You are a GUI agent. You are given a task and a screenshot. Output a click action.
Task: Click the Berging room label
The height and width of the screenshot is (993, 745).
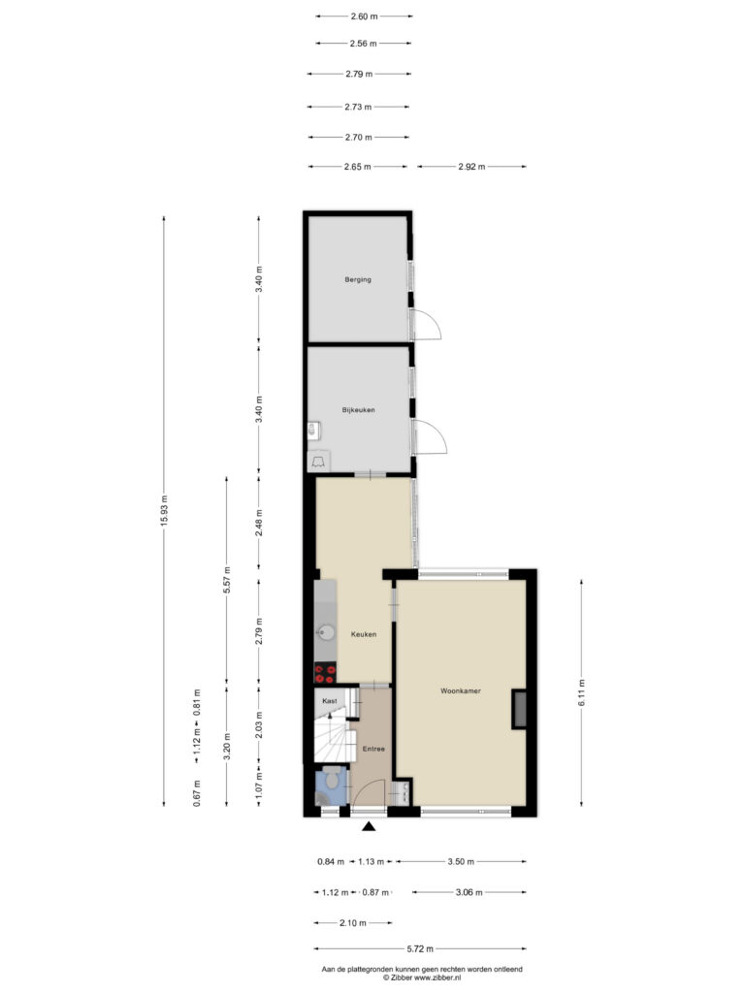pyautogui.click(x=358, y=279)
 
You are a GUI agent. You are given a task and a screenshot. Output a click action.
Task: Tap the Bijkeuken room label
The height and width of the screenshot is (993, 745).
pyautogui.click(x=359, y=410)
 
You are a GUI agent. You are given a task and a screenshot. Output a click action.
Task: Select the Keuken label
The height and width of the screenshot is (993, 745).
pyautogui.click(x=364, y=634)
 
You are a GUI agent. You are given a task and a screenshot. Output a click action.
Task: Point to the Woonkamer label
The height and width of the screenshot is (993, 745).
pyautogui.click(x=461, y=690)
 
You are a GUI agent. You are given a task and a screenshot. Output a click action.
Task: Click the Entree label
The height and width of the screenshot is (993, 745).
pyautogui.click(x=373, y=749)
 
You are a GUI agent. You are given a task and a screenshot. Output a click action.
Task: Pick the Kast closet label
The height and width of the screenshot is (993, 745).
pyautogui.click(x=330, y=701)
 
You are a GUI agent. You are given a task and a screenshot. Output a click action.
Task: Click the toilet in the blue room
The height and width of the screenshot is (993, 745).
pyautogui.click(x=330, y=779)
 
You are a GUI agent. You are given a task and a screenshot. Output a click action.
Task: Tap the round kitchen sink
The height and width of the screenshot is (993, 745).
pyautogui.click(x=326, y=632)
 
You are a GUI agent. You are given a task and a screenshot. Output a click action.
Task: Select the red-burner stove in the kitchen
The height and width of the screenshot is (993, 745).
pyautogui.click(x=325, y=673)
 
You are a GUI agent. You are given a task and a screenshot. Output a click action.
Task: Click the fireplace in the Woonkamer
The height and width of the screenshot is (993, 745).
pyautogui.click(x=520, y=709)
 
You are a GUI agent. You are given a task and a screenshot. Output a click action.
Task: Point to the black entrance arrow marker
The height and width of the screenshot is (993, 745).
pyautogui.click(x=369, y=826)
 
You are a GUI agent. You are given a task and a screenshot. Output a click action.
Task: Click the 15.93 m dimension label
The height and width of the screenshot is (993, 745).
pyautogui.click(x=164, y=511)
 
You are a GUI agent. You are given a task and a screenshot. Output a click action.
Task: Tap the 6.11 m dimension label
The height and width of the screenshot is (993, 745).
pyautogui.click(x=582, y=692)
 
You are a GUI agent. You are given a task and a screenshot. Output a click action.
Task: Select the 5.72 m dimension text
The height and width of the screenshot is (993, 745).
pyautogui.click(x=420, y=948)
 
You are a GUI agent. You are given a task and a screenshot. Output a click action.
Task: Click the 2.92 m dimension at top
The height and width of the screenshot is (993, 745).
pyautogui.click(x=471, y=167)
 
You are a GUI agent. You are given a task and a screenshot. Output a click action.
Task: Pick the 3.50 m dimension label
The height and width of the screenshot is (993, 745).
pyautogui.click(x=461, y=861)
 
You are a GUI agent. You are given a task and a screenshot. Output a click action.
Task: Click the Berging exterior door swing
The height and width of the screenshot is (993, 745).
pyautogui.click(x=427, y=325)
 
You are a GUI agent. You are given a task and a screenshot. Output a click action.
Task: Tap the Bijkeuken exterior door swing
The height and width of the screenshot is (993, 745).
pyautogui.click(x=430, y=436)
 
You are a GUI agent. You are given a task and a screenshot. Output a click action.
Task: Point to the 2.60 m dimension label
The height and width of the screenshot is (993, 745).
pyautogui.click(x=365, y=16)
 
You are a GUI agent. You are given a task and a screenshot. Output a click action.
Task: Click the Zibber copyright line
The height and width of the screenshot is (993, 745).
pyautogui.click(x=422, y=977)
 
